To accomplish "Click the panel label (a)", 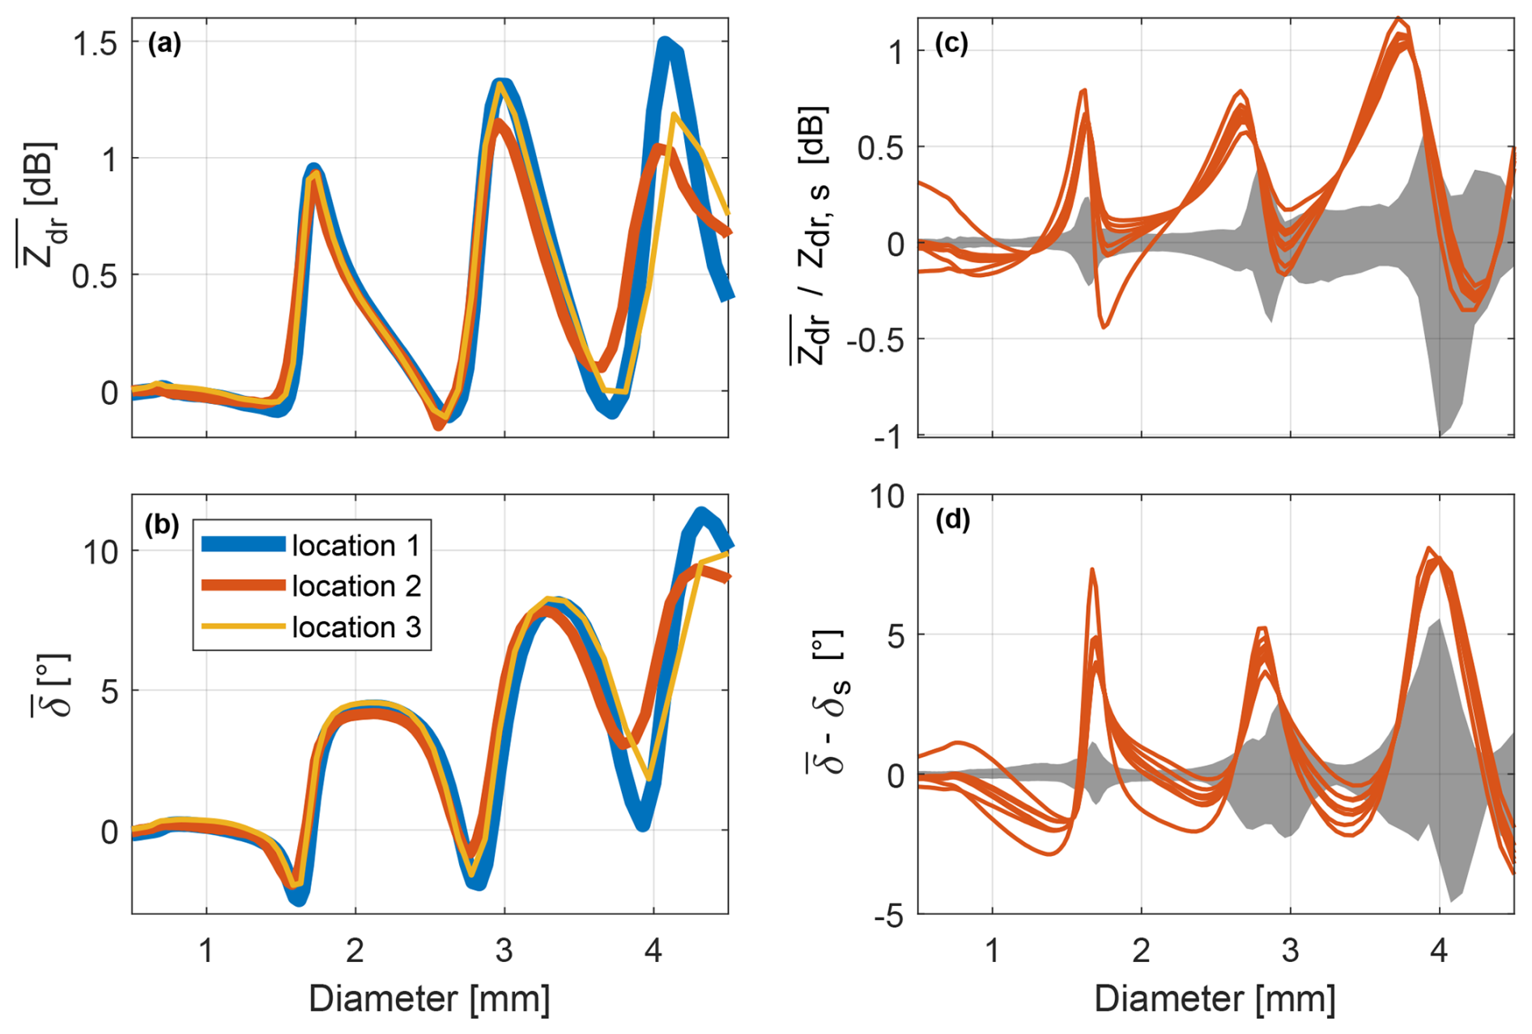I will coord(164,44).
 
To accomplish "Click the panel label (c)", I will coord(951,44).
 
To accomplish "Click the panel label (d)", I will coord(951,519).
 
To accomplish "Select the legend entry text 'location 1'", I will coord(356,546).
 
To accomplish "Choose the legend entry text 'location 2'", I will coord(356,585).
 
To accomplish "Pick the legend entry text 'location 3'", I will coord(356,627).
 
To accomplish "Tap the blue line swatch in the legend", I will coord(243,544).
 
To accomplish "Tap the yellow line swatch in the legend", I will coord(243,626).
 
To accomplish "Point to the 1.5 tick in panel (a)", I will coord(96,45).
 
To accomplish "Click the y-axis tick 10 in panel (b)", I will coord(100,552).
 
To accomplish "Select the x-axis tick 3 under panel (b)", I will coord(504,950).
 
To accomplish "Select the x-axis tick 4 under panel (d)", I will coord(1439,950).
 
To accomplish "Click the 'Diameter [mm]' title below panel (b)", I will coord(429,999).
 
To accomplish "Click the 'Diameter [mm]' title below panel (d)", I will coord(1215,999).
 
